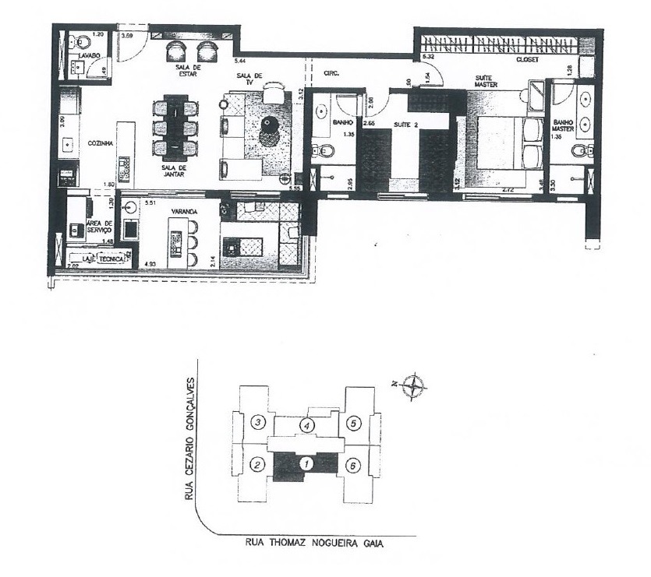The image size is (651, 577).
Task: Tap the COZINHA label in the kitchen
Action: point(101,143)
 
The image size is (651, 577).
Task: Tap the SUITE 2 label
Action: point(405,125)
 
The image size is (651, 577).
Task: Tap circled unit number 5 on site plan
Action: point(355,424)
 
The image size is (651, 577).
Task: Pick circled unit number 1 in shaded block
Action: point(307,464)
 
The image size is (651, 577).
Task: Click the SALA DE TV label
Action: point(251,79)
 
